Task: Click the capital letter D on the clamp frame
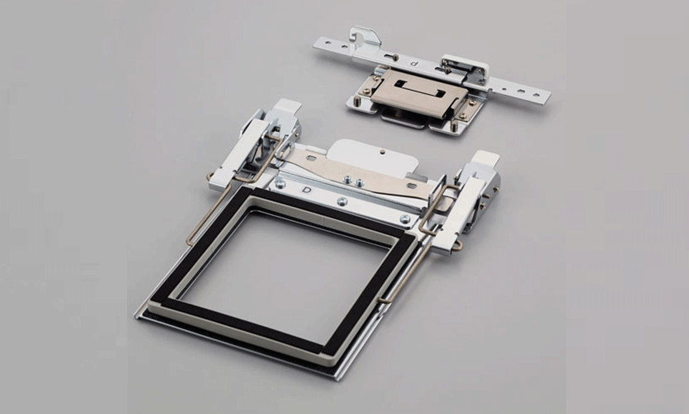click(x=306, y=190)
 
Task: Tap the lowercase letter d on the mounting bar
click(x=413, y=64)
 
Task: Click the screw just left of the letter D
click(x=280, y=184)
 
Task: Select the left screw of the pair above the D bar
click(x=348, y=179)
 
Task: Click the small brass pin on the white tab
click(x=383, y=152)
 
